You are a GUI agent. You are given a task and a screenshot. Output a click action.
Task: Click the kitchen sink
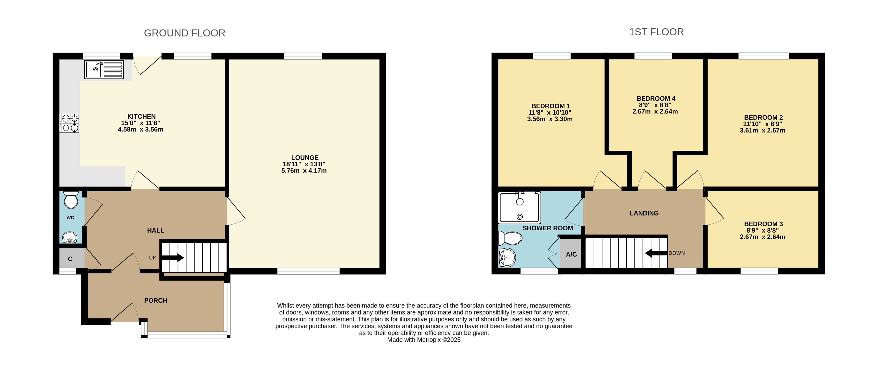pos(104,69)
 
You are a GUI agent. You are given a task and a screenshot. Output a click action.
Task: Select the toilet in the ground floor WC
pos(71,200)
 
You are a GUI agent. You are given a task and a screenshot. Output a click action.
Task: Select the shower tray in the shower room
pos(519,207)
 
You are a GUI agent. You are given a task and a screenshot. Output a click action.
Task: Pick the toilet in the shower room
pos(510,238)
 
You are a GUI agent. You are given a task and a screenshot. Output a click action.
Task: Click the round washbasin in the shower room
pos(507,257)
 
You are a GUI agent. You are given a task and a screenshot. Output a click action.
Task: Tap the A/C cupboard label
pos(571,254)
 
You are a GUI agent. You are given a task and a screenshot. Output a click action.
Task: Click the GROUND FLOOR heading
pos(185,33)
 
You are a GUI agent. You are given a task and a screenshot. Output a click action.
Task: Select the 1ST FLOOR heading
pos(656,32)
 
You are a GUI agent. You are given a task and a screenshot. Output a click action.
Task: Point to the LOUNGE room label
pos(305,157)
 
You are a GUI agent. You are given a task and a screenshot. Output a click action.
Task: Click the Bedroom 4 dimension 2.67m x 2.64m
pos(655,111)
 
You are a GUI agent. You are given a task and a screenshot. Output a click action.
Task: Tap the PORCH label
pos(156,300)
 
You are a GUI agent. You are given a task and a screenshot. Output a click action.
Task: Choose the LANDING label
pos(644,213)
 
